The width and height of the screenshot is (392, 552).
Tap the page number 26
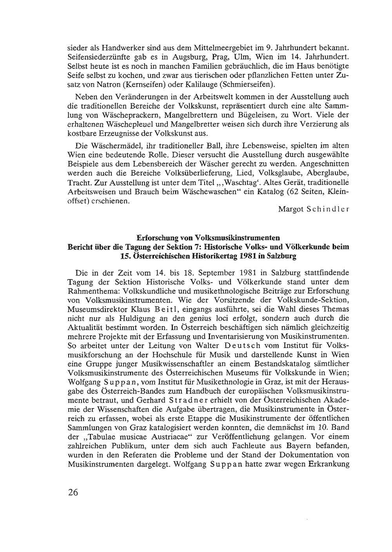click(73, 492)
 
